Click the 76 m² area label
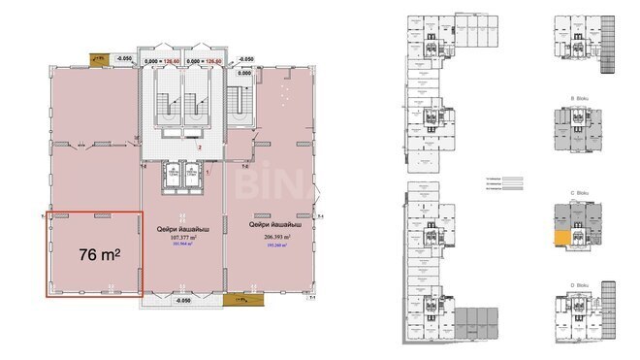pyautogui.click(x=98, y=254)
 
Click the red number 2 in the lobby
pyautogui.click(x=199, y=148)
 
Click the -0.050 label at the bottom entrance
pyautogui.click(x=183, y=303)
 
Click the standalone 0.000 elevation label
pyautogui.click(x=245, y=73)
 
